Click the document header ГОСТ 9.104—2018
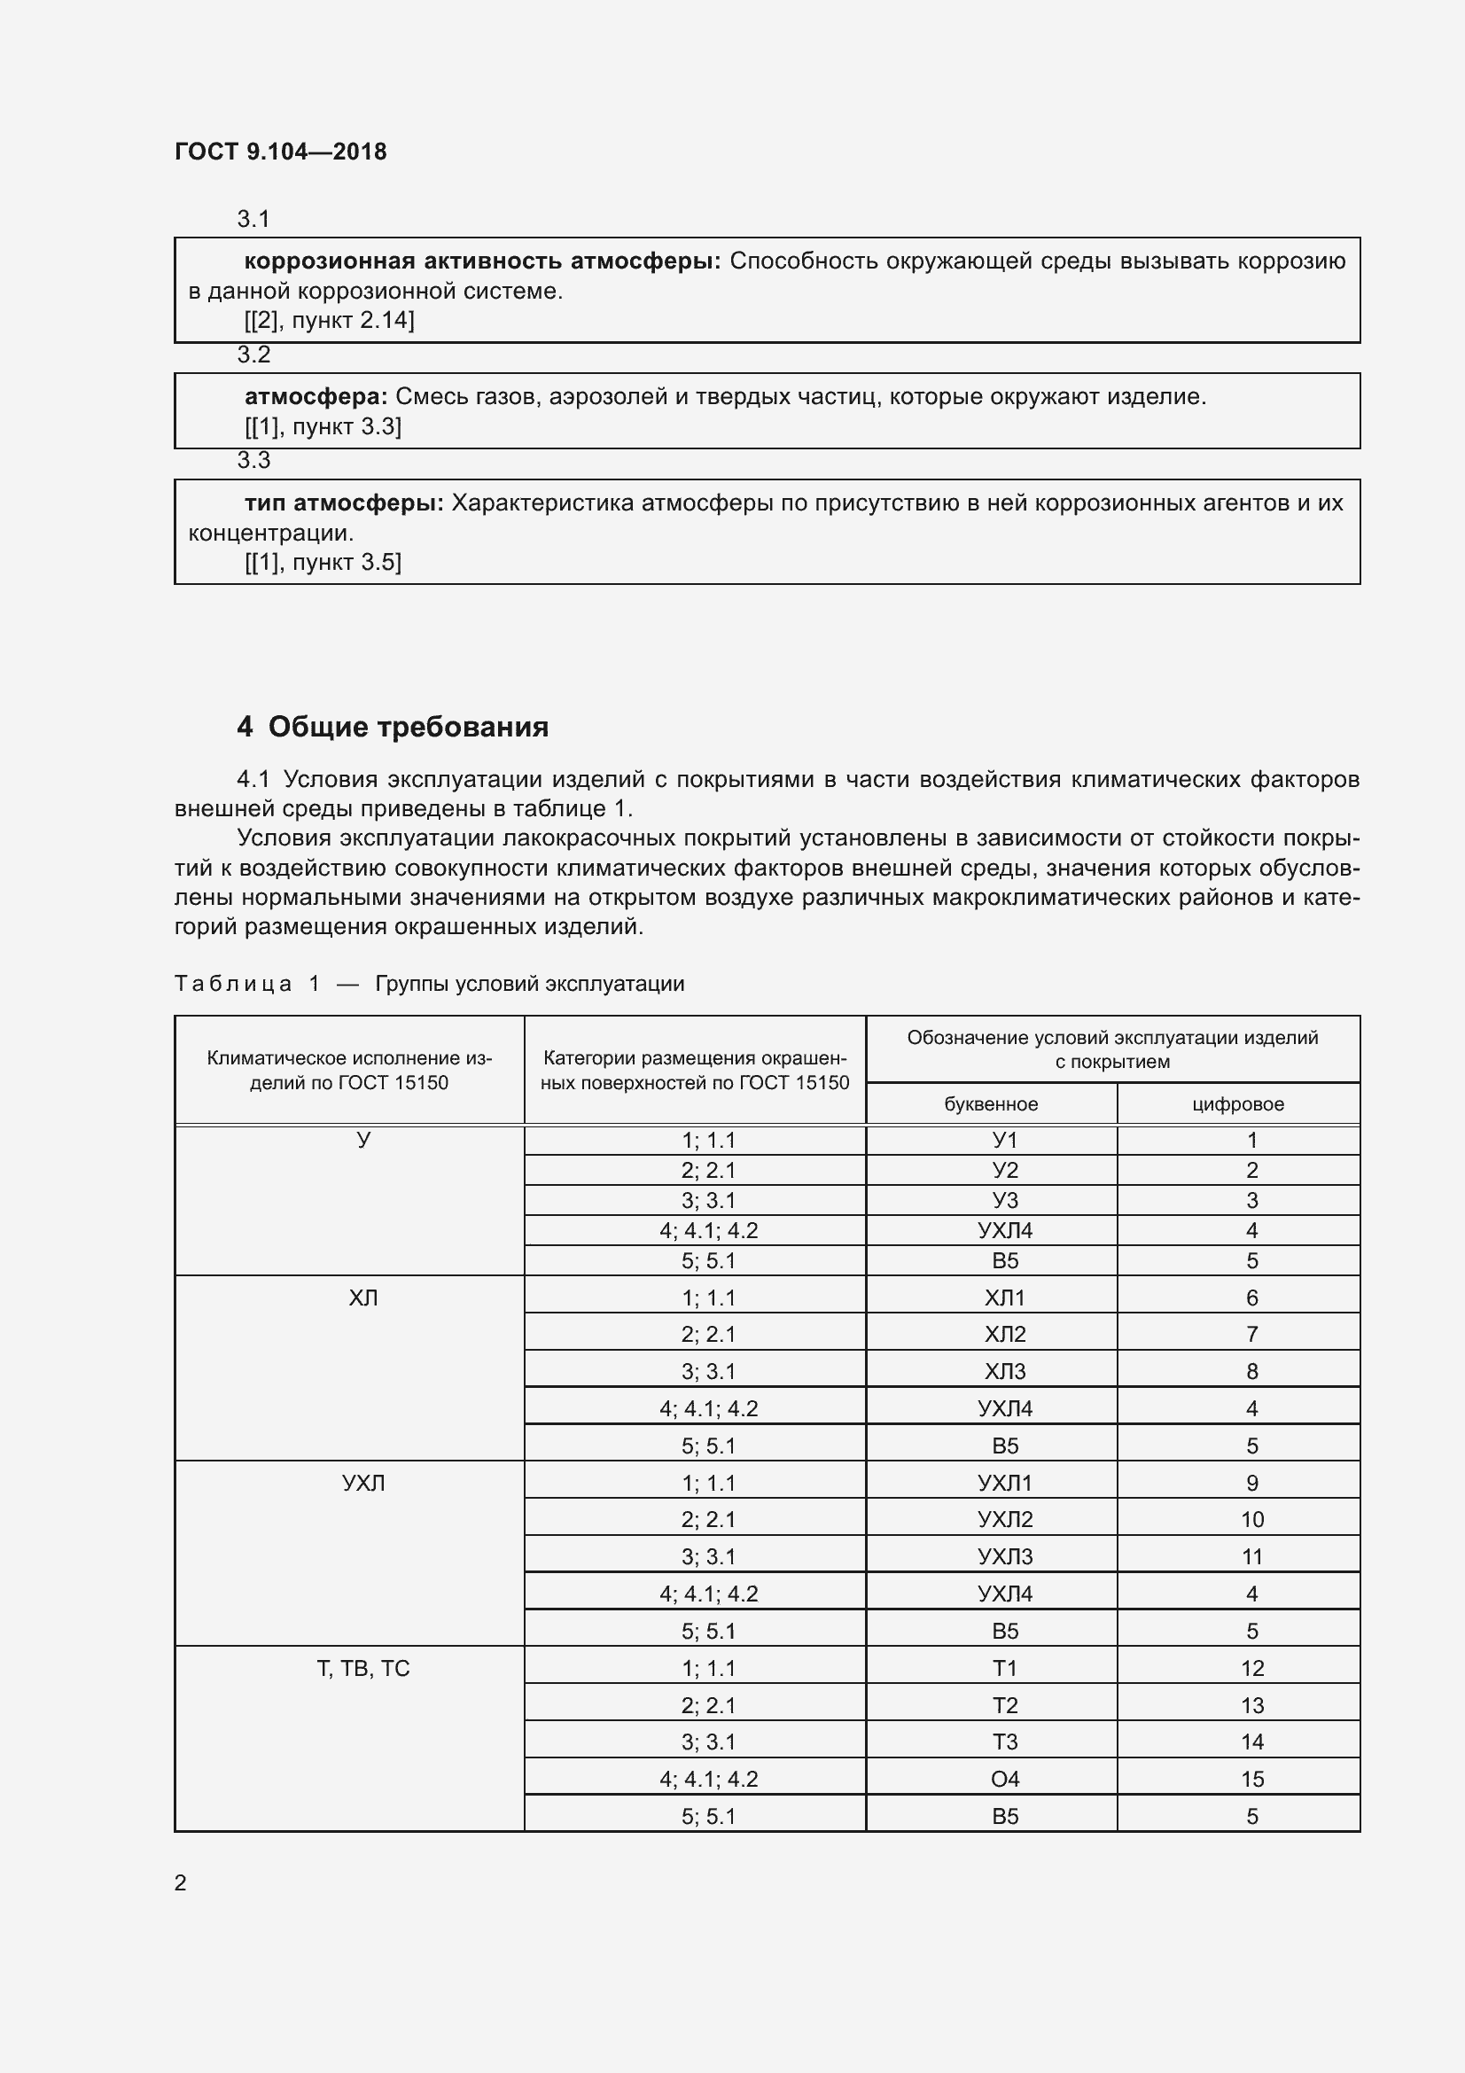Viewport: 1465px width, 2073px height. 281,152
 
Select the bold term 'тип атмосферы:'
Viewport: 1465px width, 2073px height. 344,503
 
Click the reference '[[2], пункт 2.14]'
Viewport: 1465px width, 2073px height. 329,321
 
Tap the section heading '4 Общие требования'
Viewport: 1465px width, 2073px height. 393,727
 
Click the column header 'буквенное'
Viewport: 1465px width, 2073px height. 991,1103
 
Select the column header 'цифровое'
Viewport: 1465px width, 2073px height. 1237,1103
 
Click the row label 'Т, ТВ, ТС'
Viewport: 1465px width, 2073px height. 362,1669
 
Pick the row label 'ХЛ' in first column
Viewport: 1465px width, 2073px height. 362,1298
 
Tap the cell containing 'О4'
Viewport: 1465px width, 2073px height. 1005,1779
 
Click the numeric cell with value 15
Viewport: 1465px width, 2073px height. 1252,1779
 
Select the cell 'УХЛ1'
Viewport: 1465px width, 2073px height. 1005,1483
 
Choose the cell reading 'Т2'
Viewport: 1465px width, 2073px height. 1005,1705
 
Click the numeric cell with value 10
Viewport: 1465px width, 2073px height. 1252,1520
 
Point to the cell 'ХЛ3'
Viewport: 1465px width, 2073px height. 1005,1371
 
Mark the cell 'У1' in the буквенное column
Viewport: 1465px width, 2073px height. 1005,1141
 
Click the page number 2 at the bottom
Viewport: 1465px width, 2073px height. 181,1882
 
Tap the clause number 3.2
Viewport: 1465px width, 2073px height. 253,355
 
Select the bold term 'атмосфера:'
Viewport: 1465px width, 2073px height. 316,396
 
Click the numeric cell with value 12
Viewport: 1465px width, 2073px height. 1252,1669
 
